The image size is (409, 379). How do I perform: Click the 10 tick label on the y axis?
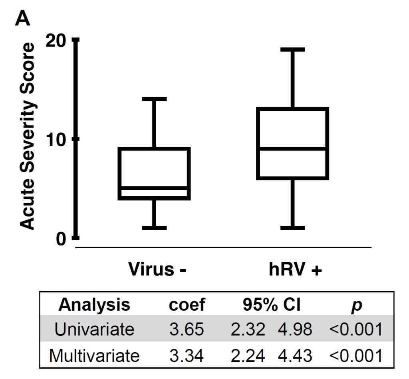pyautogui.click(x=58, y=139)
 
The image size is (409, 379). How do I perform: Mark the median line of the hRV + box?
pyautogui.click(x=293, y=148)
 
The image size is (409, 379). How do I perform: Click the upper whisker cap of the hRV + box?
pyautogui.click(x=293, y=50)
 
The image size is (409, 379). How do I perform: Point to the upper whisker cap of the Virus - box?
pyautogui.click(x=154, y=98)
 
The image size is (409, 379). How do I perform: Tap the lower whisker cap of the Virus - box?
pyautogui.click(x=154, y=228)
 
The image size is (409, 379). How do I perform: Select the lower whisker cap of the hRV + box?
pyautogui.click(x=293, y=228)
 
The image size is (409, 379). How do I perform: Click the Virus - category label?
pyautogui.click(x=157, y=269)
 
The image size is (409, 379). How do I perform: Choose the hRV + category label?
pyautogui.click(x=295, y=269)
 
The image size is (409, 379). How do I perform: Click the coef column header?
pyautogui.click(x=187, y=305)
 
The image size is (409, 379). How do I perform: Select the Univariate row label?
pyautogui.click(x=94, y=330)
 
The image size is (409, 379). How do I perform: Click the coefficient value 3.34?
pyautogui.click(x=187, y=355)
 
